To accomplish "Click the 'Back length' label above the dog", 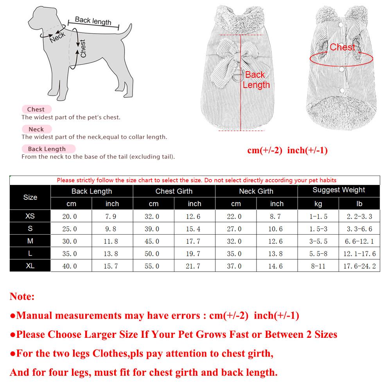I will tap(93, 21).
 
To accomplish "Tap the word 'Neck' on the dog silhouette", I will tap(57, 37).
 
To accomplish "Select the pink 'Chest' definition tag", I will tap(36, 109).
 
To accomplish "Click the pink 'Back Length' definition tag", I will tap(47, 149).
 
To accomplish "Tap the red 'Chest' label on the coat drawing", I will tap(342, 47).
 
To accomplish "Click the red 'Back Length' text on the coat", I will tap(256, 80).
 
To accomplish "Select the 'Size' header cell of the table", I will tap(30, 197).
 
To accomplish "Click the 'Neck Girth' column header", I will tap(256, 191).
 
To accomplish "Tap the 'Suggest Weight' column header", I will tap(339, 190).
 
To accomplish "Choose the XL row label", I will tap(30, 266).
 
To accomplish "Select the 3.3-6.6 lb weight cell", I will tap(359, 229).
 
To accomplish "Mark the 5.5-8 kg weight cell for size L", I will tap(318, 254).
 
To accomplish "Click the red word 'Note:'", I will tap(22, 296).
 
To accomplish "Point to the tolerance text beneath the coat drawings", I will tap(287, 151).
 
